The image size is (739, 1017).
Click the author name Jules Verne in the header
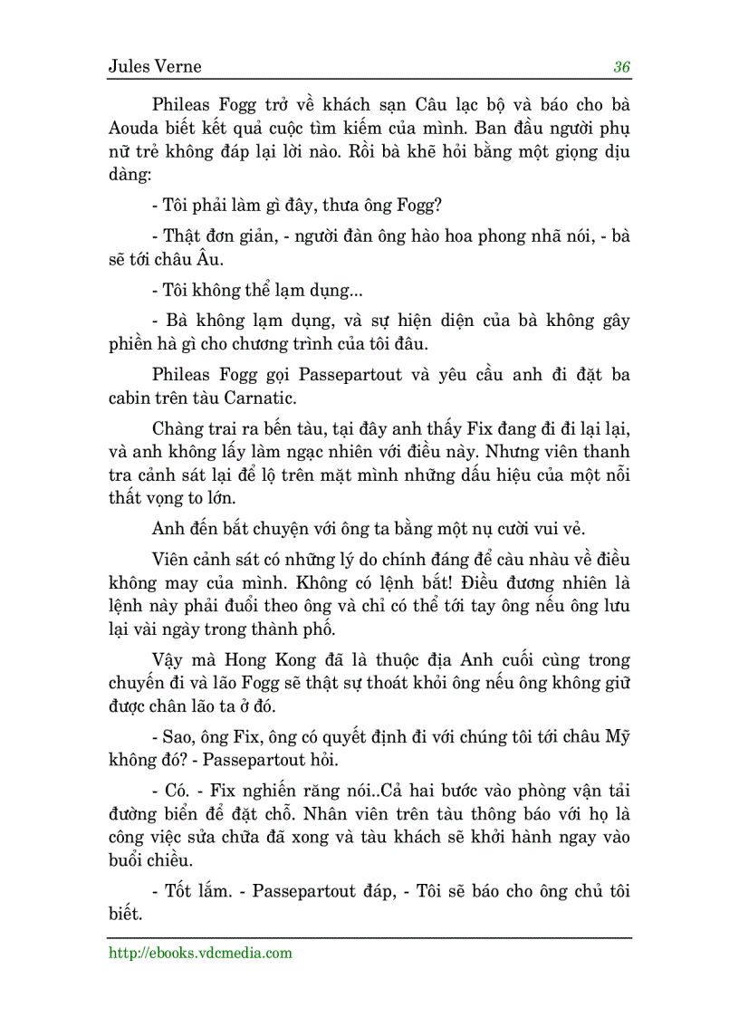pyautogui.click(x=154, y=67)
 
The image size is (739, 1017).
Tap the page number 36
pyautogui.click(x=621, y=67)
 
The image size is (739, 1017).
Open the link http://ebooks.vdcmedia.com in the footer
pyautogui.click(x=200, y=953)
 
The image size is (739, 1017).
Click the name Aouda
pyautogui.click(x=137, y=126)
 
